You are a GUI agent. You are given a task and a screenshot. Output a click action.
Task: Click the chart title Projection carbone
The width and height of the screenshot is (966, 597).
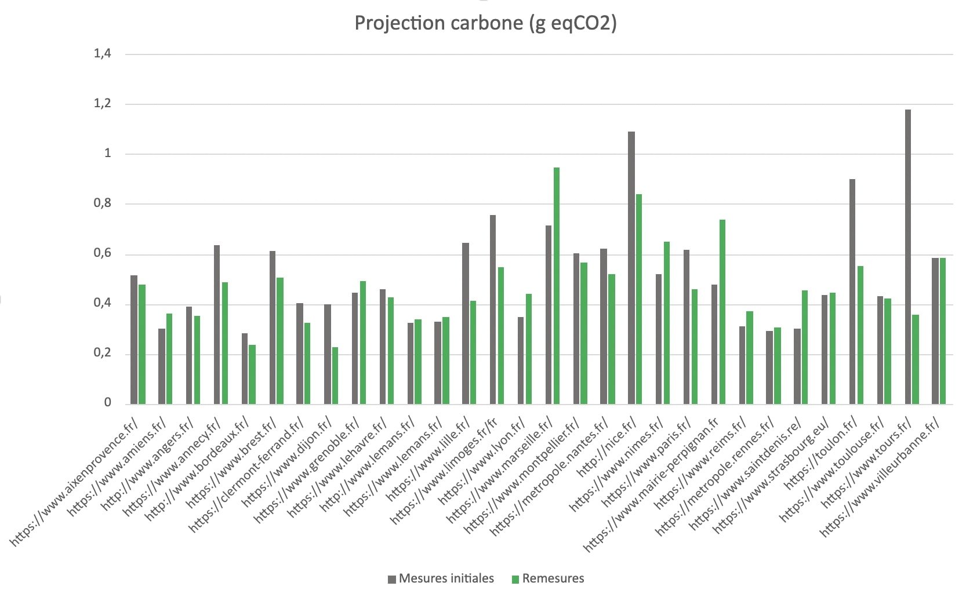[485, 23]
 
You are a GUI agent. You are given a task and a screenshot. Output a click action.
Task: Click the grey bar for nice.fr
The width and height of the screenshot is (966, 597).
[631, 267]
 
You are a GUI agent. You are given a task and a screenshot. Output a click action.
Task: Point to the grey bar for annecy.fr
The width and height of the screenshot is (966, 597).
[217, 324]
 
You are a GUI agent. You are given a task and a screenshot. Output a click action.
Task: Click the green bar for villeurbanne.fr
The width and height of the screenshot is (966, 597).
[942, 330]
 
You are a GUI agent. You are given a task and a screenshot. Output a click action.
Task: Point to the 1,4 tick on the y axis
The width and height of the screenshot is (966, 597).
[102, 54]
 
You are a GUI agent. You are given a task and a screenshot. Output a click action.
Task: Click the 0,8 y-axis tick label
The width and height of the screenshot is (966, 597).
[102, 204]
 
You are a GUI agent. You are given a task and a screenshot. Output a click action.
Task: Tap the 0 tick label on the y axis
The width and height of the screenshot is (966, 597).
[107, 403]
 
